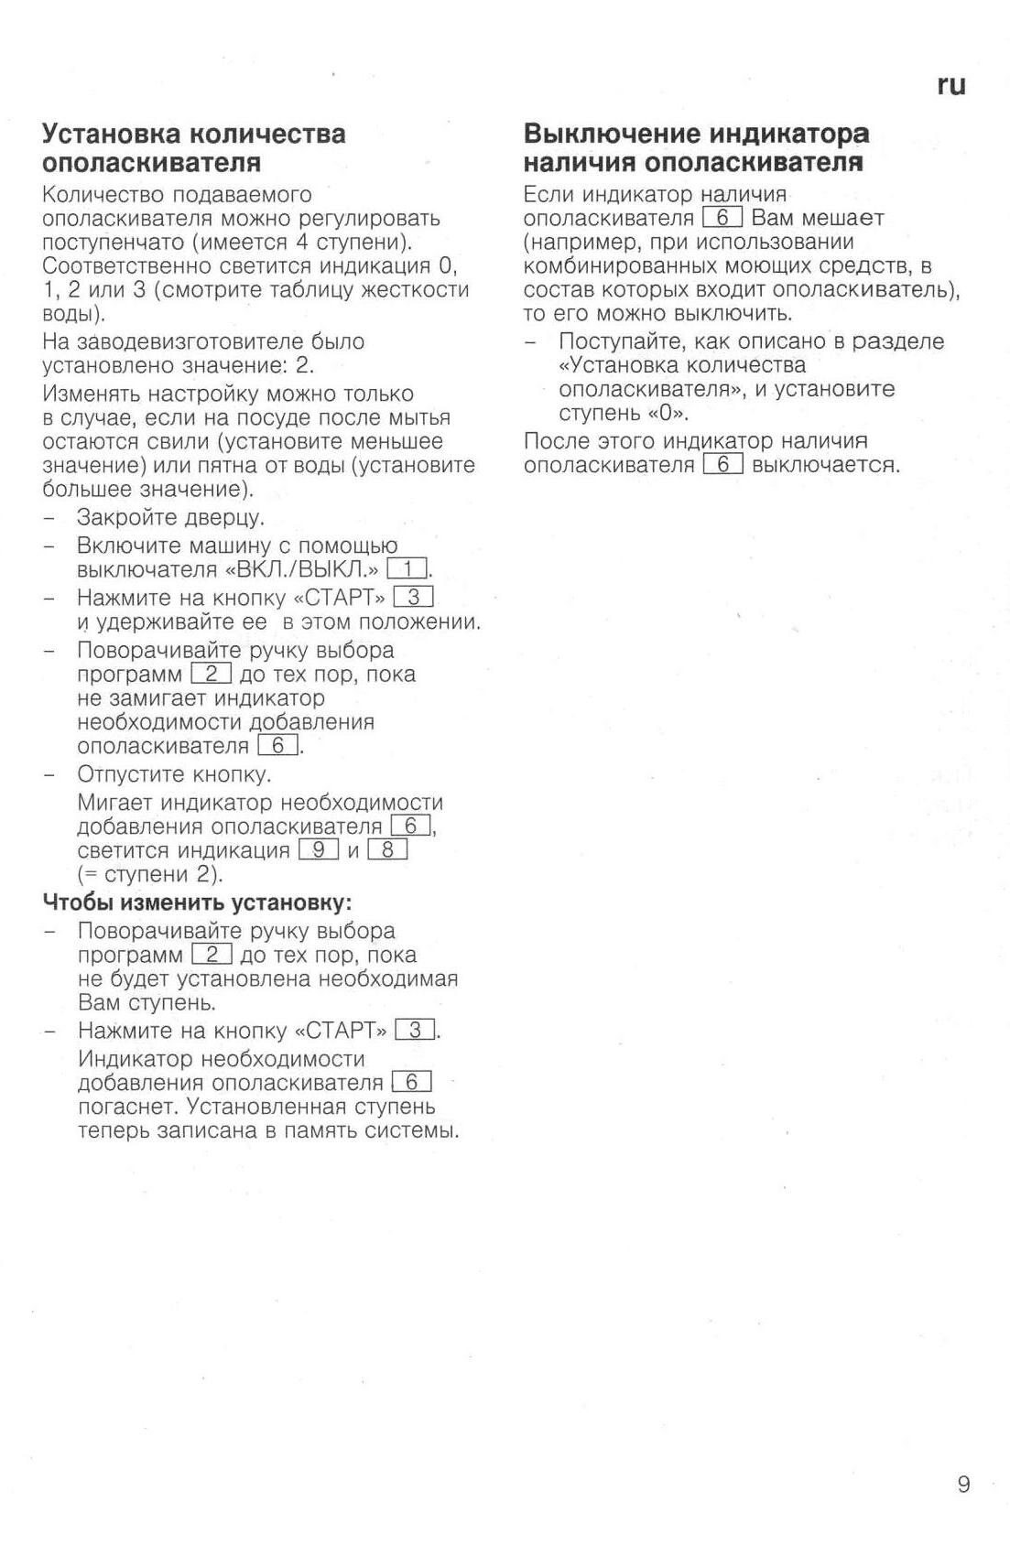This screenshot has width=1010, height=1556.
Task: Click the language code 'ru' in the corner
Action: [x=950, y=85]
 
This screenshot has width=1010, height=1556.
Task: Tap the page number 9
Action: [x=962, y=1484]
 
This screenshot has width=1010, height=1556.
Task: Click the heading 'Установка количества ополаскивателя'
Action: [x=194, y=148]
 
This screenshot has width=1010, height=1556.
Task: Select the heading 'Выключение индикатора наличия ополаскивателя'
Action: [x=696, y=148]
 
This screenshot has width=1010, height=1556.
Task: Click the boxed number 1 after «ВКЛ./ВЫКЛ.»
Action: [x=407, y=569]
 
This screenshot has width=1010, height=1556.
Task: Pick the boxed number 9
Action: [x=319, y=849]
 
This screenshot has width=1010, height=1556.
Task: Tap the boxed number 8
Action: [x=387, y=849]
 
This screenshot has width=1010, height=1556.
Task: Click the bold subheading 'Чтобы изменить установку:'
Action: [x=198, y=902]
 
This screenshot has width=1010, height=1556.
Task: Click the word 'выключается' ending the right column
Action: [x=825, y=465]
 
